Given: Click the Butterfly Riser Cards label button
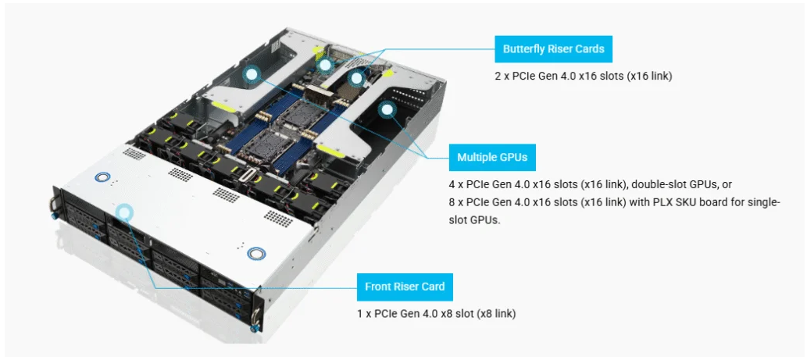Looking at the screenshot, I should pyautogui.click(x=553, y=49).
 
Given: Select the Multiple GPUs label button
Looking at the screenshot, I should pyautogui.click(x=491, y=157).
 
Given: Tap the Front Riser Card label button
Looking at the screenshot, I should pyautogui.click(x=405, y=287).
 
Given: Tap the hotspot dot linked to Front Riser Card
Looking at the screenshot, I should pyautogui.click(x=124, y=212).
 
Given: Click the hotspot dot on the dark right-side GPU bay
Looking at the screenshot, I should pyautogui.click(x=386, y=110).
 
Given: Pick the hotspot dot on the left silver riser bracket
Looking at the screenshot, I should pyautogui.click(x=251, y=74).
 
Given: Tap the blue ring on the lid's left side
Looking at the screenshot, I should pyautogui.click(x=99, y=176).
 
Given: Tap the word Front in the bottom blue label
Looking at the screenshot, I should pyautogui.click(x=379, y=287).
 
